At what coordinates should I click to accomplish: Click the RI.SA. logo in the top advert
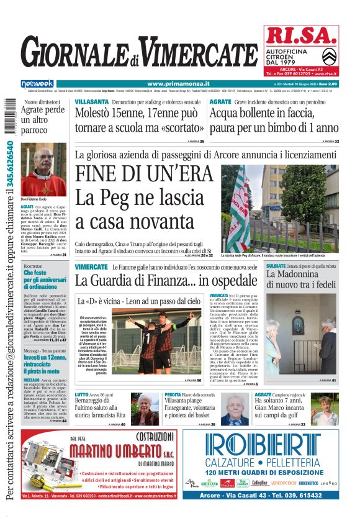tap(300, 38)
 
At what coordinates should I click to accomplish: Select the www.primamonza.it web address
tap(178, 83)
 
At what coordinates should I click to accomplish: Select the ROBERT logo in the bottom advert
tap(269, 447)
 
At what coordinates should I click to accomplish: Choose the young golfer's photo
tap(324, 409)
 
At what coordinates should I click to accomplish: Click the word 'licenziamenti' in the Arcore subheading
tap(307, 155)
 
